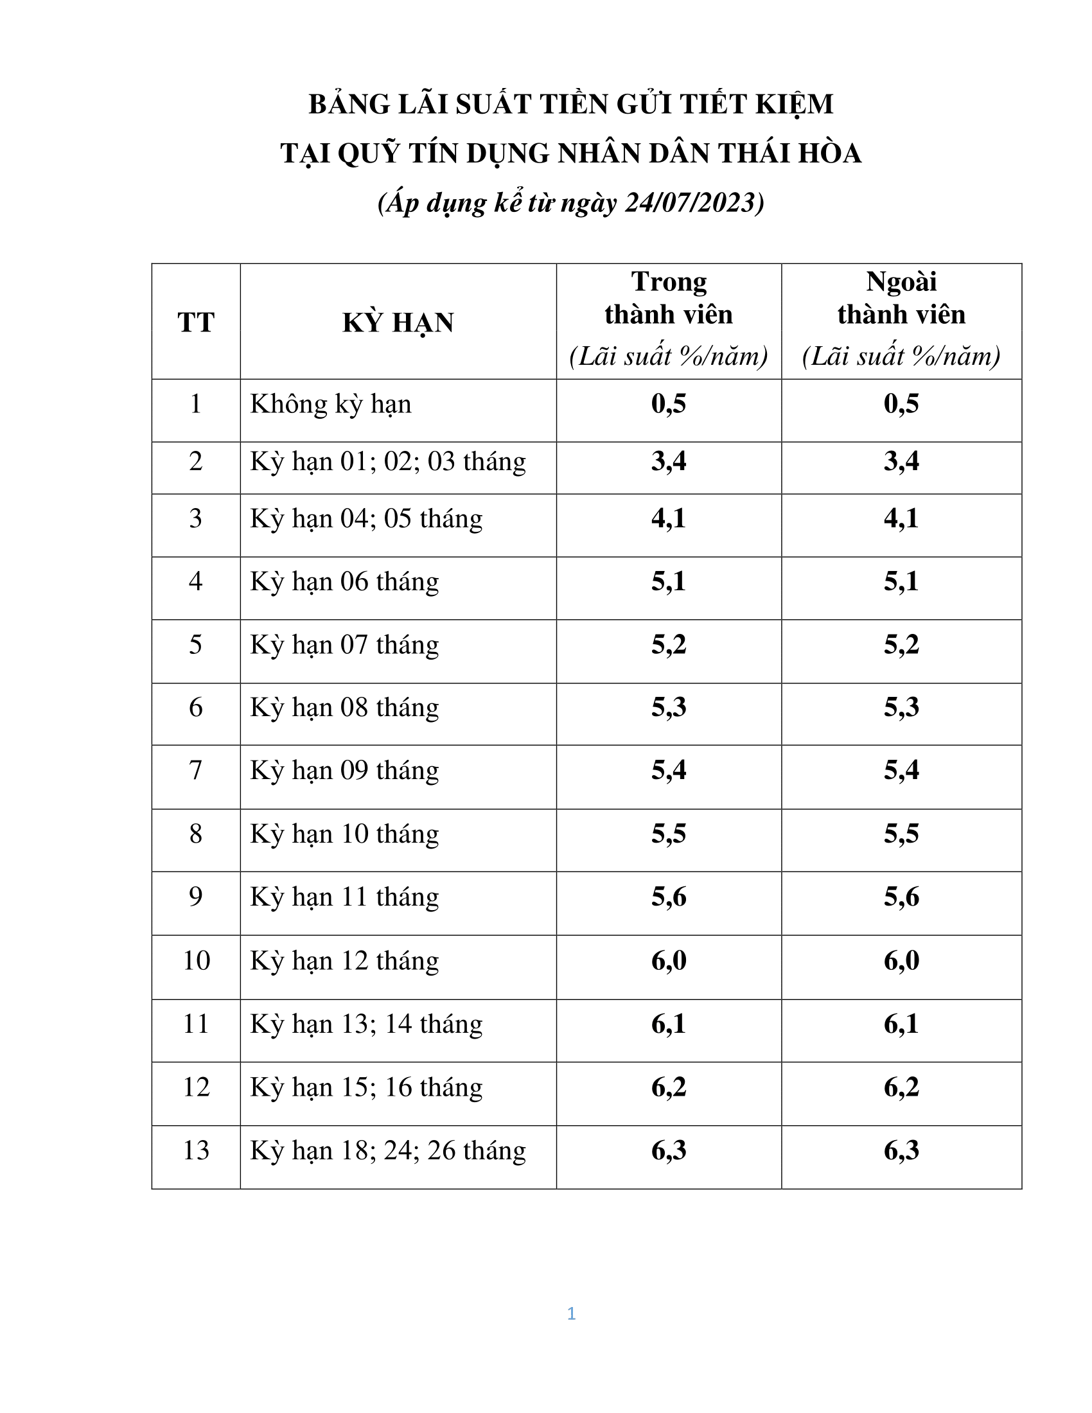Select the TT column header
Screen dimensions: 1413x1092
[x=196, y=322]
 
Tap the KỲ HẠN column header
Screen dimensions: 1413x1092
[x=398, y=322]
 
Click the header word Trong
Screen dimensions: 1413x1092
[x=669, y=282]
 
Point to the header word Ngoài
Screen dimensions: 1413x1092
[x=901, y=282]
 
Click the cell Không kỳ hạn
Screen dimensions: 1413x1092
[x=331, y=405]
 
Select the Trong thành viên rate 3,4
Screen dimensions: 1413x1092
[x=669, y=461]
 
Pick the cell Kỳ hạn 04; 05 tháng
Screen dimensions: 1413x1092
[x=366, y=519]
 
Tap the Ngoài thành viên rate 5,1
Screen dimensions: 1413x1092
[x=901, y=582]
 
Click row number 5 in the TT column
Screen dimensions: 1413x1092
[x=196, y=645]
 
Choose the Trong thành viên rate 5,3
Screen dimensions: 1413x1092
[x=669, y=707]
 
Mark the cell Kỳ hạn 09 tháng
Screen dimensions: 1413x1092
[x=344, y=771]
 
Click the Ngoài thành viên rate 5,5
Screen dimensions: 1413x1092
[x=901, y=834]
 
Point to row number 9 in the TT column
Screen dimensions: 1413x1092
[x=196, y=897]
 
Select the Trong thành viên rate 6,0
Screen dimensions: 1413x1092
[x=669, y=961]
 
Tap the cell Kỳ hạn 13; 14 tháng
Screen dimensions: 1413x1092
[x=366, y=1024]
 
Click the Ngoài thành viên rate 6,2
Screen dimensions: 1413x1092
[x=901, y=1087]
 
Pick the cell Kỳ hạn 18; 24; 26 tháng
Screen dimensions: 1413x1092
[x=388, y=1150]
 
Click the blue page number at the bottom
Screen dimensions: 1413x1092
[x=571, y=1313]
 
